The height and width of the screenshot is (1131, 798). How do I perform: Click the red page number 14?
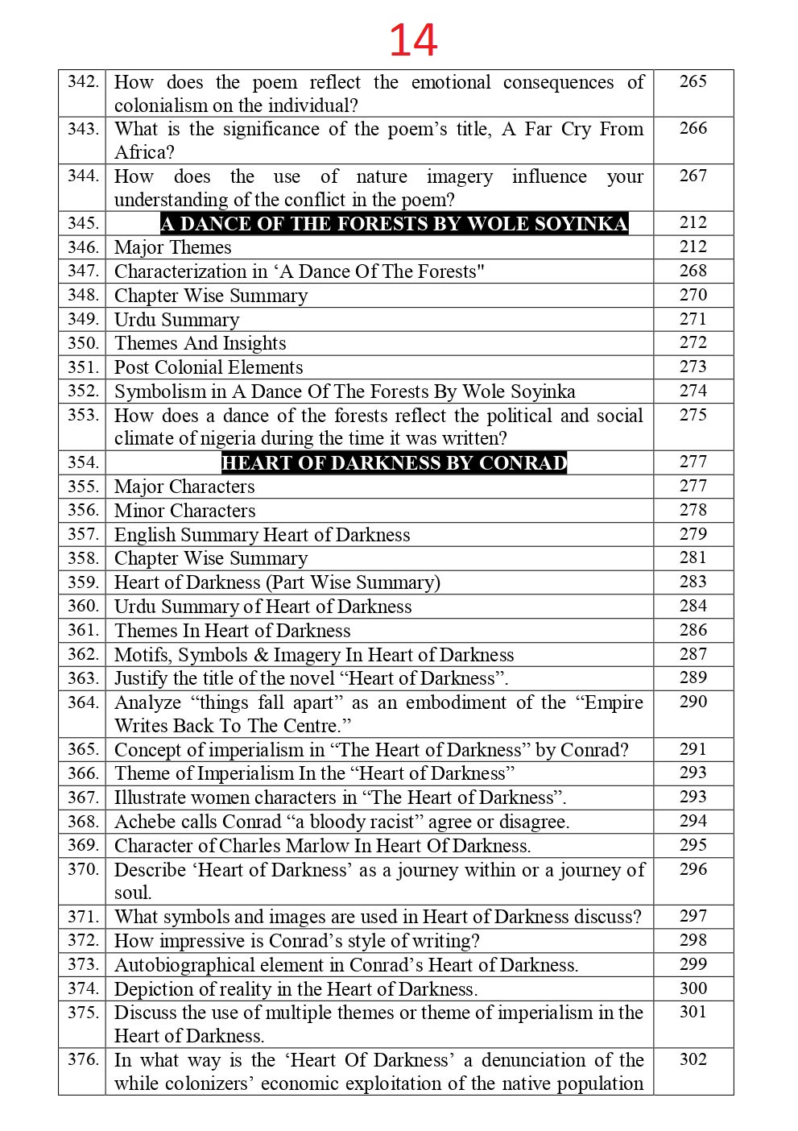413,40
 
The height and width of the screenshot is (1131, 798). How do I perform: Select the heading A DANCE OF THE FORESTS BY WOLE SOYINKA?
394,224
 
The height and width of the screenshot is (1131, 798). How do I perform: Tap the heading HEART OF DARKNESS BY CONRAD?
394,463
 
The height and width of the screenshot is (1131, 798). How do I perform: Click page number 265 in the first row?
693,81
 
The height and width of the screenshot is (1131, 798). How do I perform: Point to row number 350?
83,343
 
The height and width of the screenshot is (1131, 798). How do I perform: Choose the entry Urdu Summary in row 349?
176,320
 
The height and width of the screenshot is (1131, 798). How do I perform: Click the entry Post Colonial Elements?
209,367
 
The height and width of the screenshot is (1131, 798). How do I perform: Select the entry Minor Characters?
184,511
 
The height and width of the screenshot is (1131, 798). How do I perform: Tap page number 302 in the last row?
693,1059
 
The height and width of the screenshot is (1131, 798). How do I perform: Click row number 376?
83,1060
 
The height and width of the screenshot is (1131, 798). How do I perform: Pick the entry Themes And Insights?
200,343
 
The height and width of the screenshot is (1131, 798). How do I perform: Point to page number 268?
693,271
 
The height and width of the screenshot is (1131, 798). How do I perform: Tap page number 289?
693,677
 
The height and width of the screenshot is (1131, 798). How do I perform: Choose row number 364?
83,702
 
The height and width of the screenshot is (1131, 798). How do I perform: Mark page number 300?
693,988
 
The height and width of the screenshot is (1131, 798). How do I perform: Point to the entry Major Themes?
172,247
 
